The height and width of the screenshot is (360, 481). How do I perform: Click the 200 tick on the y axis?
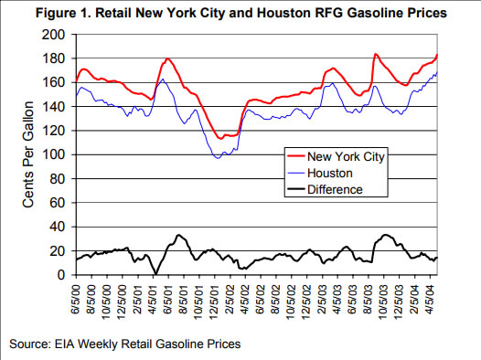point(56,35)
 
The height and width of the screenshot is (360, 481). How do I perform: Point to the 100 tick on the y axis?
point(56,154)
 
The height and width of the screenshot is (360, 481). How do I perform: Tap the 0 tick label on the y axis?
point(62,275)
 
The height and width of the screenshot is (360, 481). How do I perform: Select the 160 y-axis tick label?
point(56,82)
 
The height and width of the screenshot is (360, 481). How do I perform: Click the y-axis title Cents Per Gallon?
point(29,155)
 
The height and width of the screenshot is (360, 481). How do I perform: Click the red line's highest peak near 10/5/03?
point(375,54)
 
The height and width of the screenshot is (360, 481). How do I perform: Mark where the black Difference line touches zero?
point(156,274)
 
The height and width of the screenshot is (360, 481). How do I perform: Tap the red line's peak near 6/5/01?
point(167,59)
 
